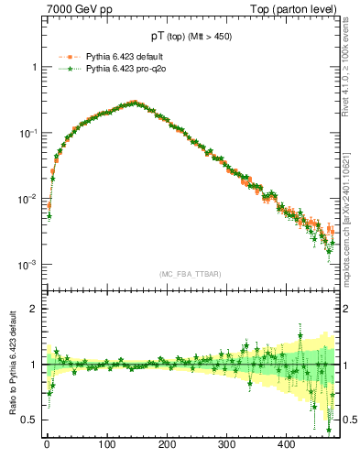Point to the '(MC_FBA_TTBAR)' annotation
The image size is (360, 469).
tap(189, 274)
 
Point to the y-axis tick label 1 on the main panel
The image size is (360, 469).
tap(34, 68)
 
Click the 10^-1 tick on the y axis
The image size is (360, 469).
tap(28, 134)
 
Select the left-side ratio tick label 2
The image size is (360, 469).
tap(34, 309)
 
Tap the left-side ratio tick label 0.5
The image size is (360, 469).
tap(30, 420)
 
